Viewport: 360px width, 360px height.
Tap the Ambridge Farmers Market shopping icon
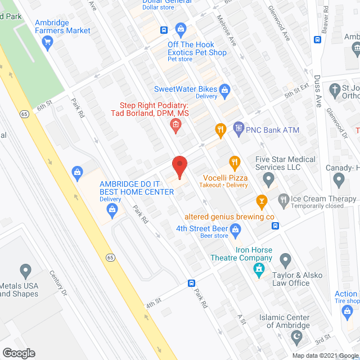coord(48,40)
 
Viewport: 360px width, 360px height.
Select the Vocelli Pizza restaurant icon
coord(235,163)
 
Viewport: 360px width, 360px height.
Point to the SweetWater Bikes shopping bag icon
coord(224,89)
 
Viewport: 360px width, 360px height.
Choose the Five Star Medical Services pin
coord(269,180)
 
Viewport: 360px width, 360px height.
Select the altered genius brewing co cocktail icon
coord(261,200)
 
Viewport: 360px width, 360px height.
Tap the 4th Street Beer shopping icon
coord(236,228)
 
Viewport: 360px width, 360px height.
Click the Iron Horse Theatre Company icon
coord(258,269)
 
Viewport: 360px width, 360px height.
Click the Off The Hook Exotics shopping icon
coord(181,28)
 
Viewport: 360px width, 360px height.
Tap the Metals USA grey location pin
coord(25,271)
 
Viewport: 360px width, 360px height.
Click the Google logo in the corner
coord(18,353)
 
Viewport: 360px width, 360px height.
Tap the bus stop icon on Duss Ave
coord(317,40)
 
